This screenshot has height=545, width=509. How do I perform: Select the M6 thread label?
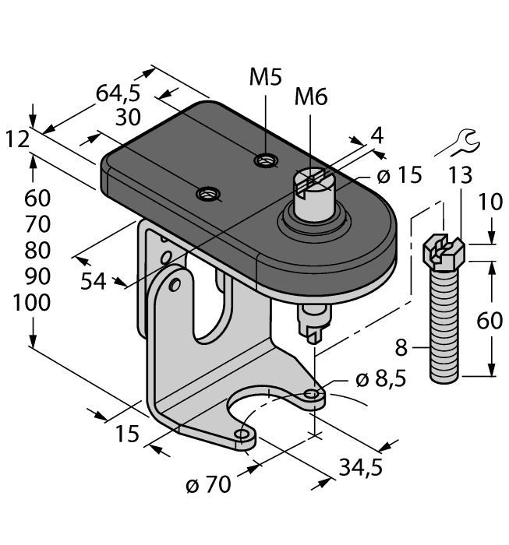pos(310,97)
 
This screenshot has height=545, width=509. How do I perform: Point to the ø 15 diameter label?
pos(399,175)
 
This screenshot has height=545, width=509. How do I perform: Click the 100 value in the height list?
pos(32,303)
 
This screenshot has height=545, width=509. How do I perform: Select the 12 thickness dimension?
pos(17,139)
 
